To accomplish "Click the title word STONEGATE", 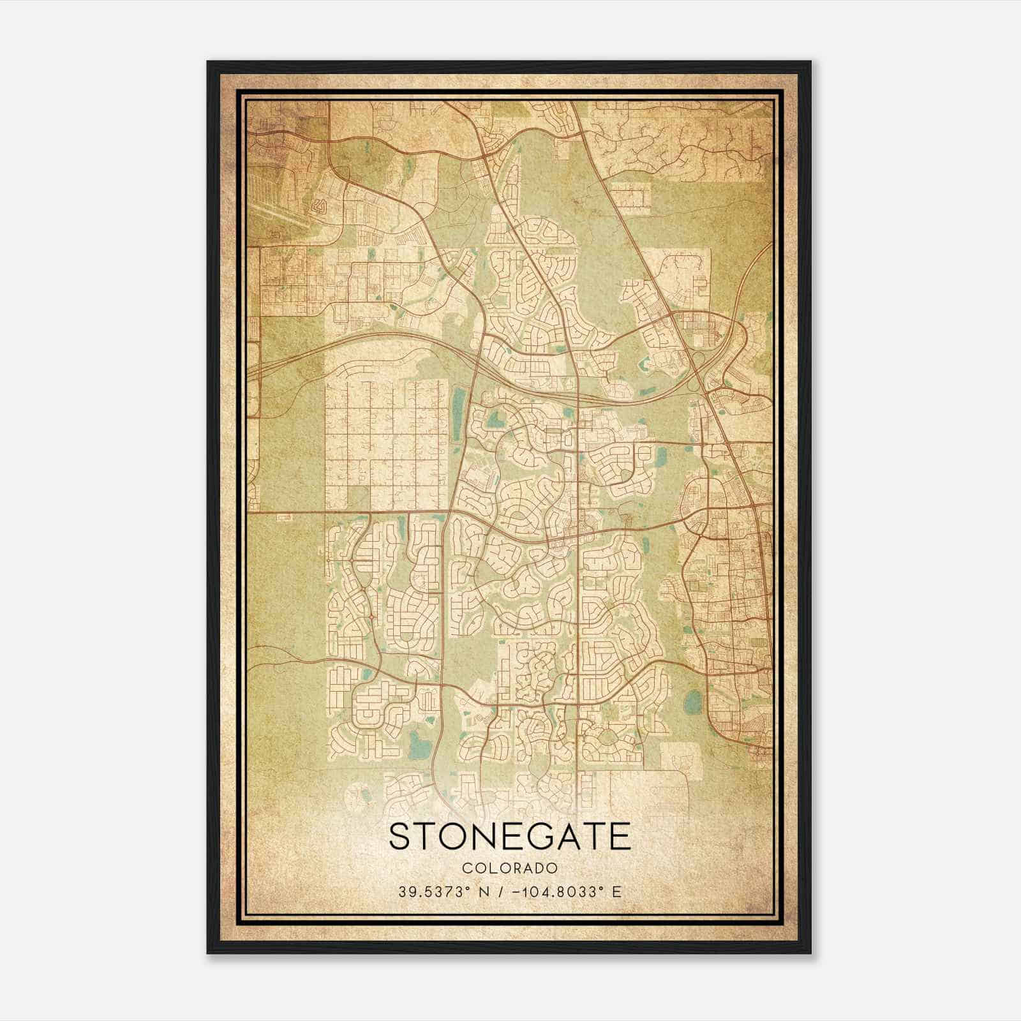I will pyautogui.click(x=509, y=837).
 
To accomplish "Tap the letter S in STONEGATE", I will pyautogui.click(x=401, y=837).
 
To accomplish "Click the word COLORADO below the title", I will pyautogui.click(x=510, y=868).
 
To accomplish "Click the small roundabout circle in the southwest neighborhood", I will pyautogui.click(x=371, y=616).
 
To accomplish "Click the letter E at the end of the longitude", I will pyautogui.click(x=616, y=891).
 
